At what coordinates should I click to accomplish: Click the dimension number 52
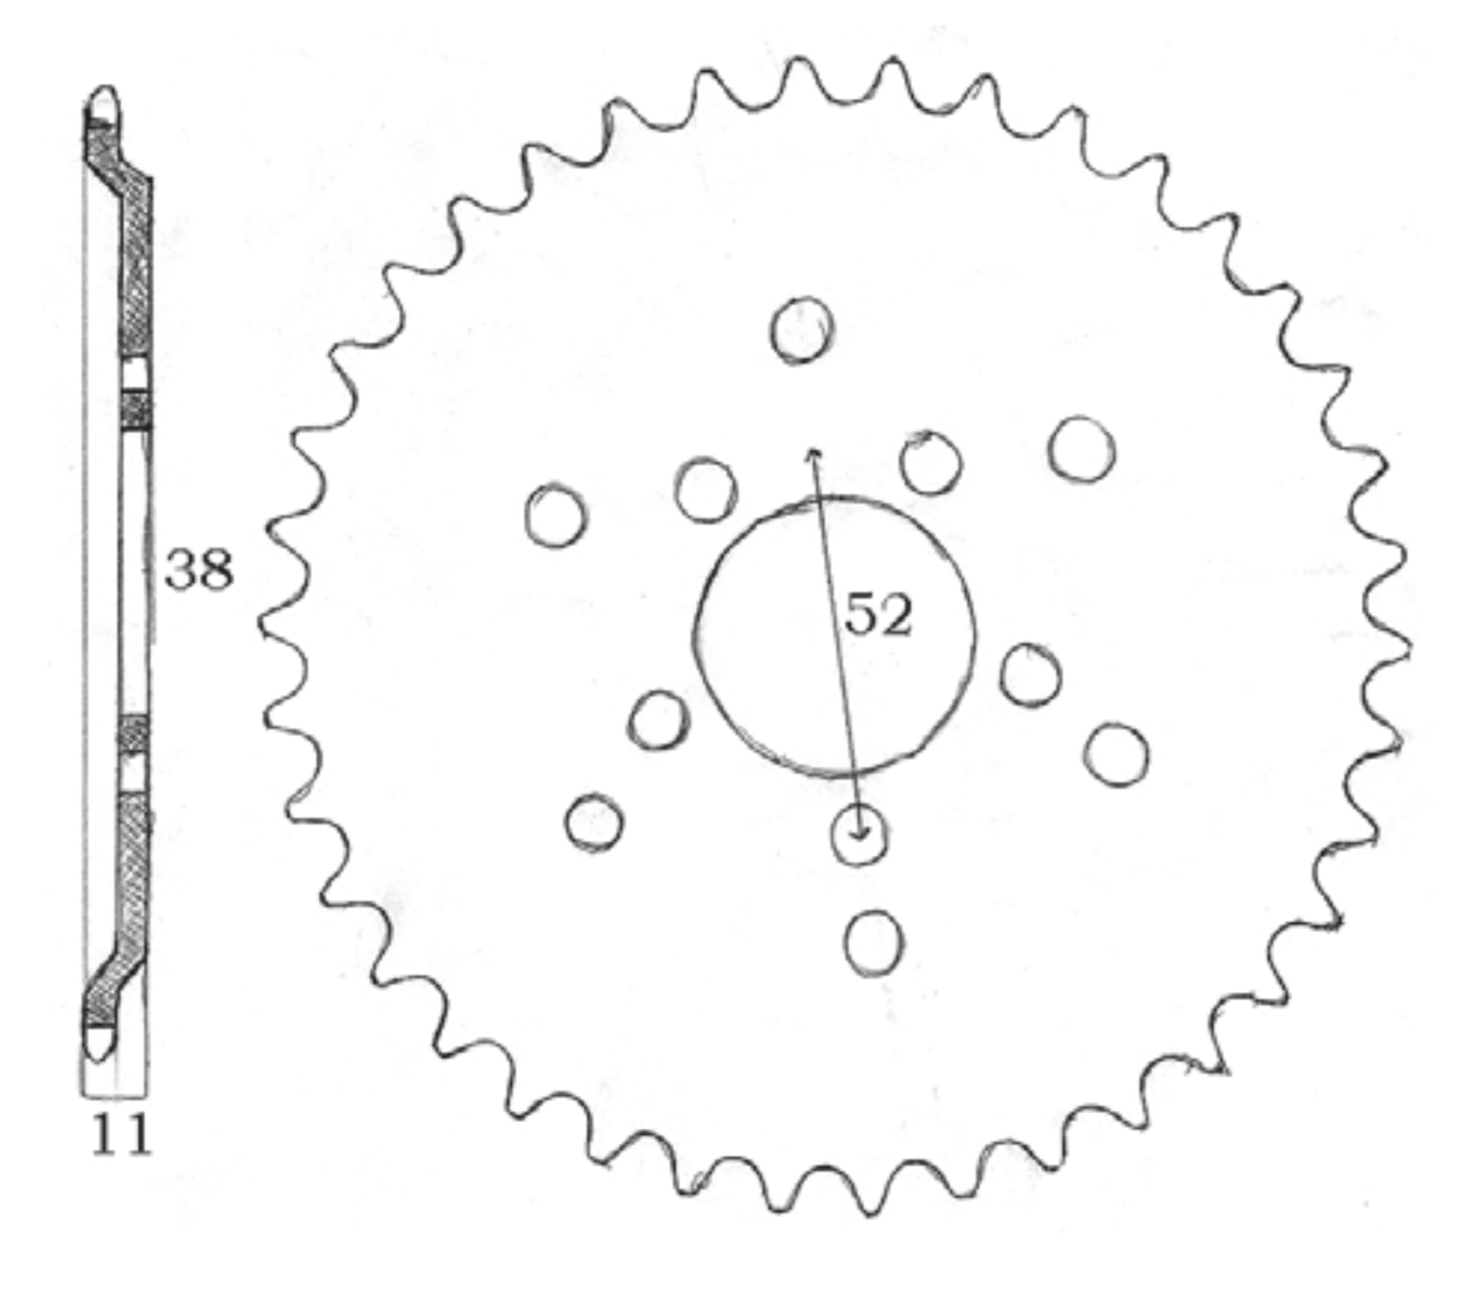878,615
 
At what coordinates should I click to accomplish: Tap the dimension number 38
199,570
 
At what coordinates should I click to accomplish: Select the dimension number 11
121,1135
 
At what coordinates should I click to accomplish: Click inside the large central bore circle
834,636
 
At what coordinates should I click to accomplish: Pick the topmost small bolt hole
802,329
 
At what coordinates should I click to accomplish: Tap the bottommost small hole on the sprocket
874,943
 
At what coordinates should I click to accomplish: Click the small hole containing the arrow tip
859,834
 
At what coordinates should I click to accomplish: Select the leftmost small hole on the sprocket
555,515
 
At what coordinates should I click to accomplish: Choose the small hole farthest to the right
1115,755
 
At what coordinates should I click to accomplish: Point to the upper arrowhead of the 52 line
812,453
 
